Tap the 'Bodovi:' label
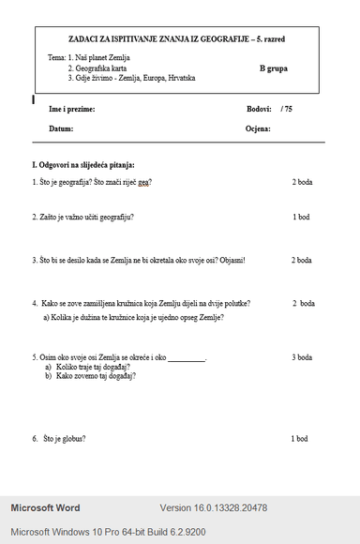point(260,110)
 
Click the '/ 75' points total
point(286,110)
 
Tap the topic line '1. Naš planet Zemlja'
point(97,58)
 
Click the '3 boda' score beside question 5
point(302,357)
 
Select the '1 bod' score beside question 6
point(299,438)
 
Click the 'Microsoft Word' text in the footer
point(45,508)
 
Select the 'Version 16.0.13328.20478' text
point(214,508)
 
